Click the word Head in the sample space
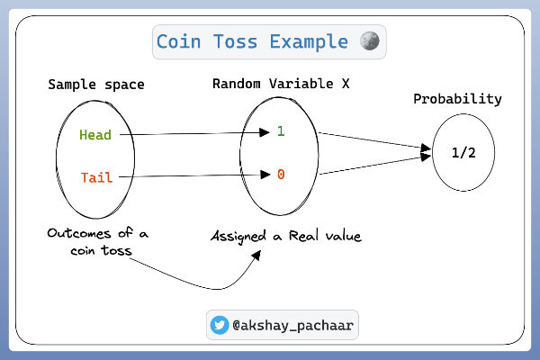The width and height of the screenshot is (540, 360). coord(95,135)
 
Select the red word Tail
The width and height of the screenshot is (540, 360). coord(95,176)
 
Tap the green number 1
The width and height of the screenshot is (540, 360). coord(280,131)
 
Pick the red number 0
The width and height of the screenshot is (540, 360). coord(280,174)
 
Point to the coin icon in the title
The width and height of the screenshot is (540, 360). coord(369,41)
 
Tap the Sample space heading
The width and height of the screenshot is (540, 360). coord(96,85)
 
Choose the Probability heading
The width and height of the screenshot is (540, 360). coord(457,99)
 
